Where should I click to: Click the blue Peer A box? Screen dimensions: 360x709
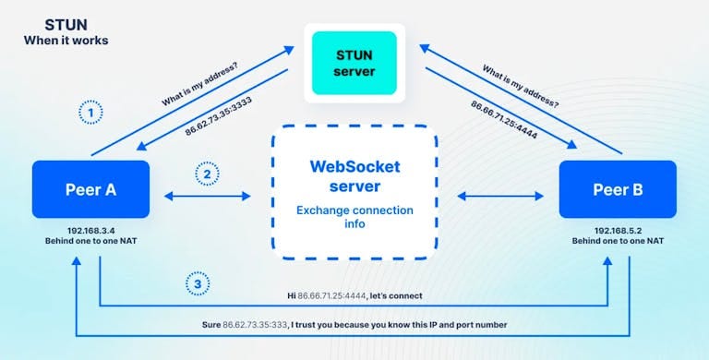click(90, 190)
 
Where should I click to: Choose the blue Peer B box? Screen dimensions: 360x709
click(618, 190)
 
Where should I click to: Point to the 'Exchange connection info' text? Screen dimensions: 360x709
click(354, 217)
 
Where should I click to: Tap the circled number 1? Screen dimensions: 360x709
click(90, 112)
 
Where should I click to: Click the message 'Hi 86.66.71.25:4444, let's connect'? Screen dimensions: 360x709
click(354, 296)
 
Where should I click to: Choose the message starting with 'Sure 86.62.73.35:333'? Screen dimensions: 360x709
click(354, 325)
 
